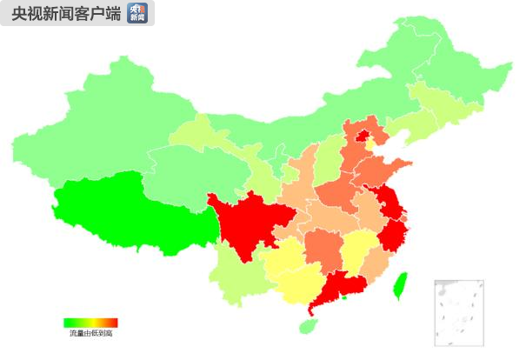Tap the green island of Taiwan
click(x=401, y=284)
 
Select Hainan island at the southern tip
click(x=307, y=325)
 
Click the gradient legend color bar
click(x=90, y=323)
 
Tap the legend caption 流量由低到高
click(x=91, y=332)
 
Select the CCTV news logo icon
click(x=137, y=13)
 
